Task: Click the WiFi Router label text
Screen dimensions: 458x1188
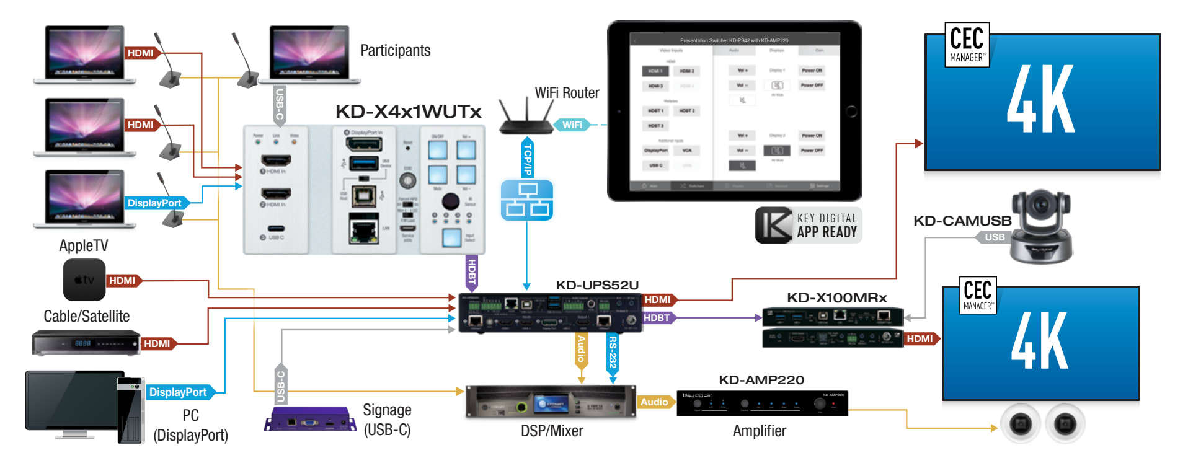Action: [567, 93]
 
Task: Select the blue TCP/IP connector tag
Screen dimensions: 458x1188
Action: [527, 159]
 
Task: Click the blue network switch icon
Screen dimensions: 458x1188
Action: [526, 200]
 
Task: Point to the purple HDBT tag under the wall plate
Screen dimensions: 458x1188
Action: [472, 272]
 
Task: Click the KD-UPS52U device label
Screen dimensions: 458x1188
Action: [596, 285]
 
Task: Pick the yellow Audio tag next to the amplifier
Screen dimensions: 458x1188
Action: [654, 402]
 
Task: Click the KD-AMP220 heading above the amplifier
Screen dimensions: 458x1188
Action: [761, 380]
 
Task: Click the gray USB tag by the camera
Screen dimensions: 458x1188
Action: [994, 237]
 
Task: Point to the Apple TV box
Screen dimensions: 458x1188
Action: [84, 280]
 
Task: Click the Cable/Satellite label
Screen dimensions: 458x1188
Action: [87, 316]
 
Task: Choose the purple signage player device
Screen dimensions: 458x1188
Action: [311, 420]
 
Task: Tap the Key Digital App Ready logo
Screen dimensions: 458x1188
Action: [808, 225]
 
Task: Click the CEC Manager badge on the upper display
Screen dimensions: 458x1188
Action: [966, 45]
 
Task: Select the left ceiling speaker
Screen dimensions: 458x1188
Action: [1021, 424]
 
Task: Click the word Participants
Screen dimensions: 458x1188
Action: [395, 51]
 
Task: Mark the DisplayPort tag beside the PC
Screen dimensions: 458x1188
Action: [178, 392]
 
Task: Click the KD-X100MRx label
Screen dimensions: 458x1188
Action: [836, 298]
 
